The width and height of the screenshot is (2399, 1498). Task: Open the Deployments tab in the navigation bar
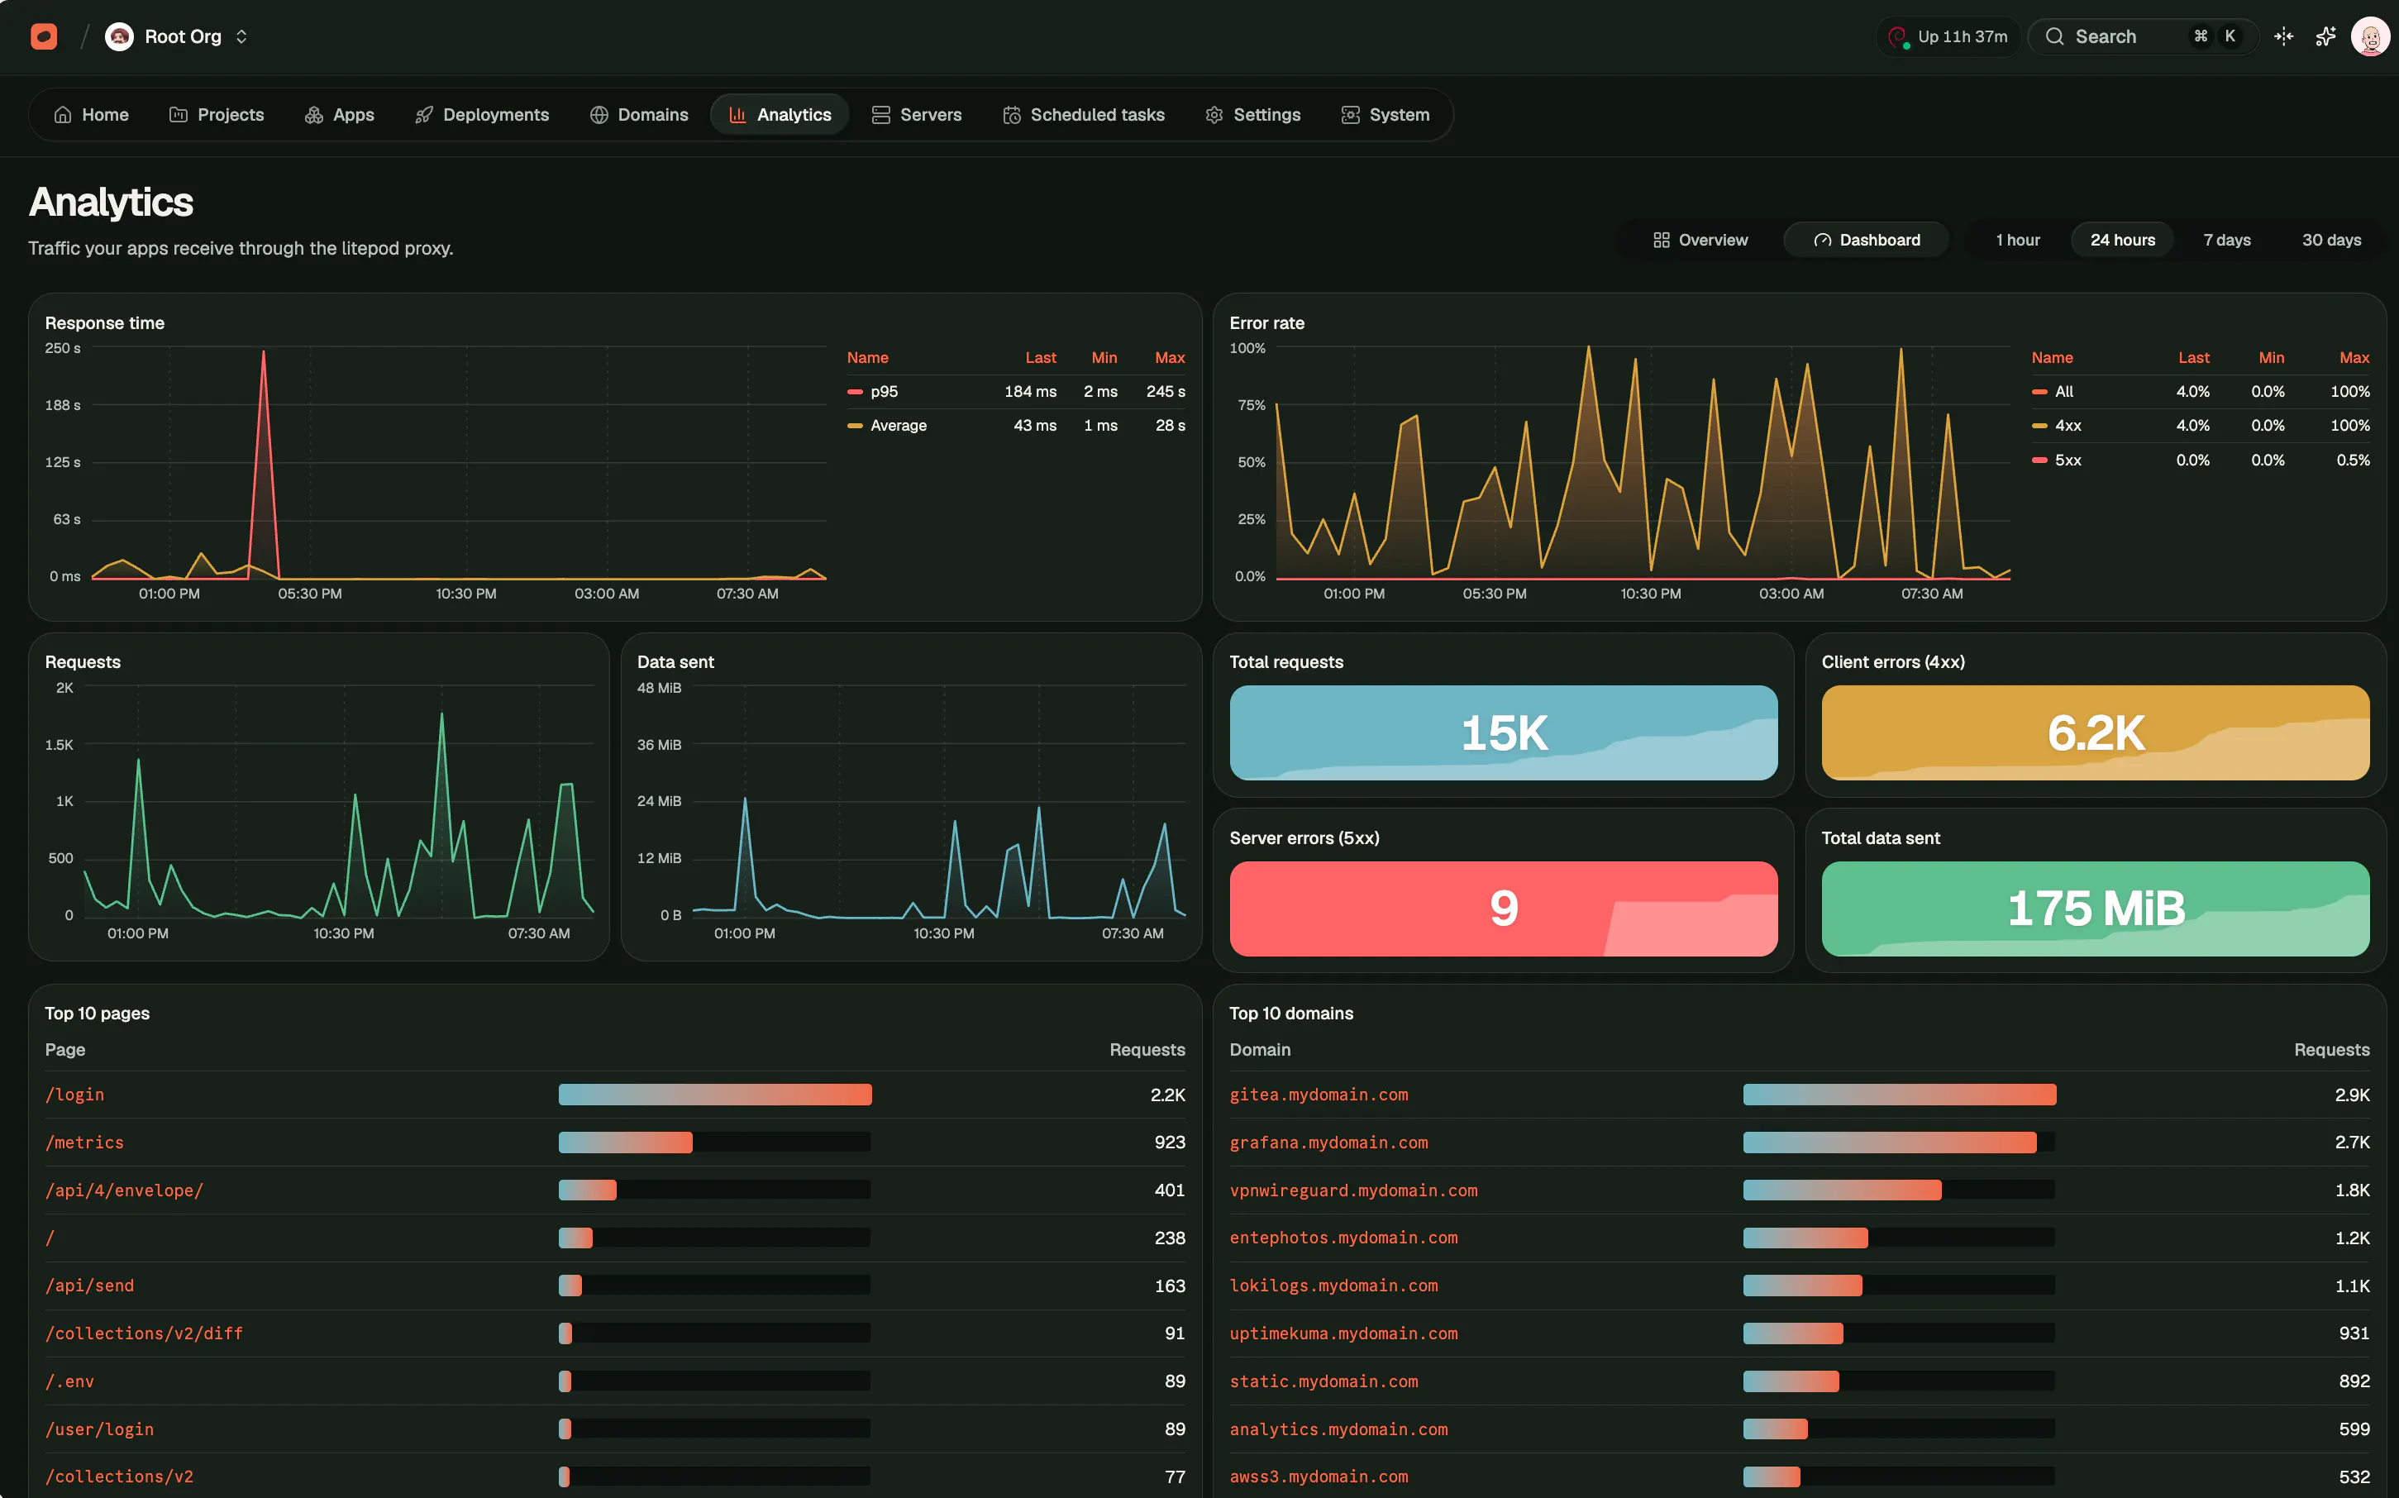[x=481, y=115]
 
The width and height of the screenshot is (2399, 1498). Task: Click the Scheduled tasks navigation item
[x=1084, y=115]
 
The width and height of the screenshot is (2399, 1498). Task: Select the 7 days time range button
[x=2227, y=240]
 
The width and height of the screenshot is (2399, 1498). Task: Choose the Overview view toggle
[x=1700, y=240]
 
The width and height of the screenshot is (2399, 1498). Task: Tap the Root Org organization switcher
[x=177, y=36]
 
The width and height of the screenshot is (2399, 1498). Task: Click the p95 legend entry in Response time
[x=884, y=391]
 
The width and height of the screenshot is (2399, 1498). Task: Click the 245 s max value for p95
[x=1165, y=391]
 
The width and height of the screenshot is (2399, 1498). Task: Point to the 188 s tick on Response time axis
[x=62, y=405]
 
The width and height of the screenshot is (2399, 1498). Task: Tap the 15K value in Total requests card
[x=1504, y=733]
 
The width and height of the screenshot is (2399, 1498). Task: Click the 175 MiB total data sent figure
[x=2096, y=909]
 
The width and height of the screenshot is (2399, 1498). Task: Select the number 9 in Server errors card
[x=1504, y=909]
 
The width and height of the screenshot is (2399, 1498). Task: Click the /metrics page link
[x=84, y=1143]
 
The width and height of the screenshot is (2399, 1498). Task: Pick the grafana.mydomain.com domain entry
[x=1328, y=1143]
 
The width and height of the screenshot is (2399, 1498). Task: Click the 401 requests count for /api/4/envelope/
[x=1169, y=1190]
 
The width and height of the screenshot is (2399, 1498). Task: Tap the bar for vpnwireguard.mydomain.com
[x=1843, y=1190]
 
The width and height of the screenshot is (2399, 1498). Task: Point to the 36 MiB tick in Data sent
[x=659, y=745]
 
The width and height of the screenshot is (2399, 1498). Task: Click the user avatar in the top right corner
[x=2369, y=36]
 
